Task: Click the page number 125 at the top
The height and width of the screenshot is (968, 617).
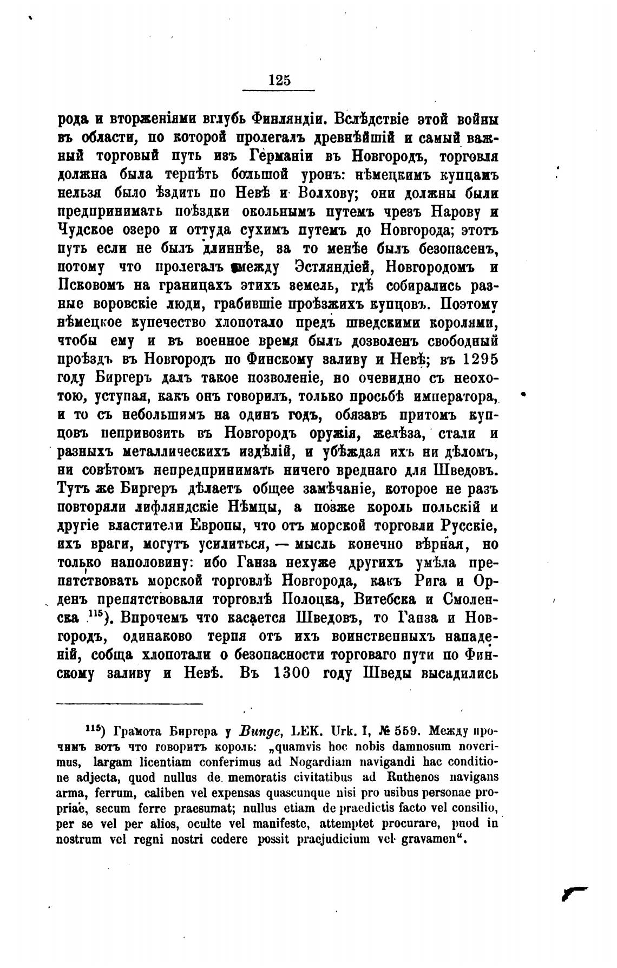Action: [x=279, y=80]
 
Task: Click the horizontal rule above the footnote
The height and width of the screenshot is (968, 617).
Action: [x=129, y=704]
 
